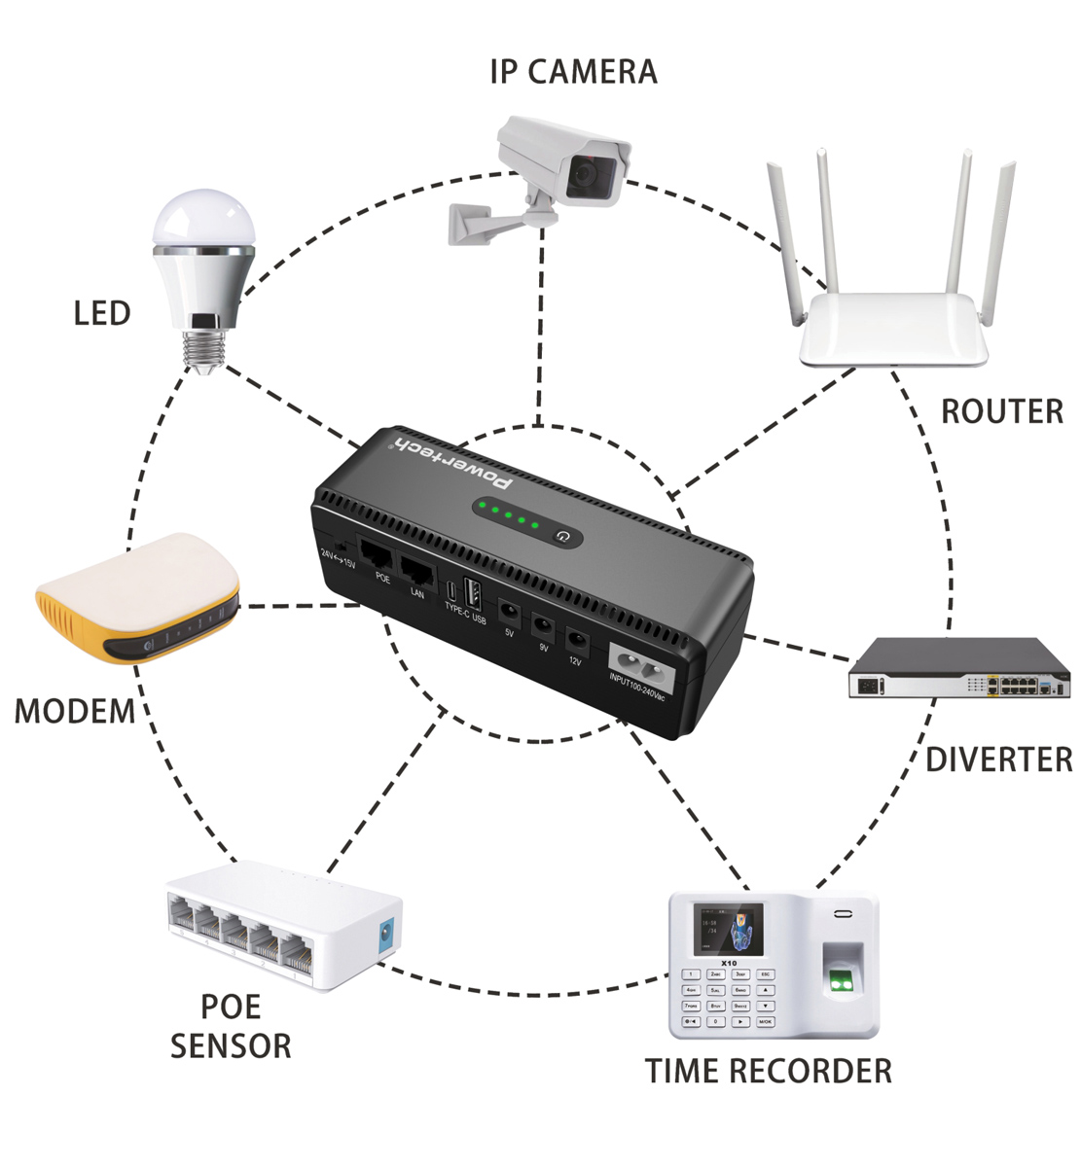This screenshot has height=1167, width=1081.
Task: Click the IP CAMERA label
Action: (573, 72)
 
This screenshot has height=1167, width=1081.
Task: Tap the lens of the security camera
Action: (586, 173)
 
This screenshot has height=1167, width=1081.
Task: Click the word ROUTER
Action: (1001, 411)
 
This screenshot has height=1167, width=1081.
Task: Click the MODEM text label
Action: (75, 711)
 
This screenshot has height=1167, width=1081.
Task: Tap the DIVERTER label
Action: (998, 760)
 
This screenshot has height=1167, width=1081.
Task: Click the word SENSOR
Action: (231, 1046)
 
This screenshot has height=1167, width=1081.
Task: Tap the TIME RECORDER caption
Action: (769, 1071)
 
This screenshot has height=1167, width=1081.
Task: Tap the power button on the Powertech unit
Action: (561, 535)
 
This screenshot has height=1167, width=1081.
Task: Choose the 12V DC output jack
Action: (577, 640)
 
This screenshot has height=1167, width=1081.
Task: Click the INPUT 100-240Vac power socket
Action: (637, 670)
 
